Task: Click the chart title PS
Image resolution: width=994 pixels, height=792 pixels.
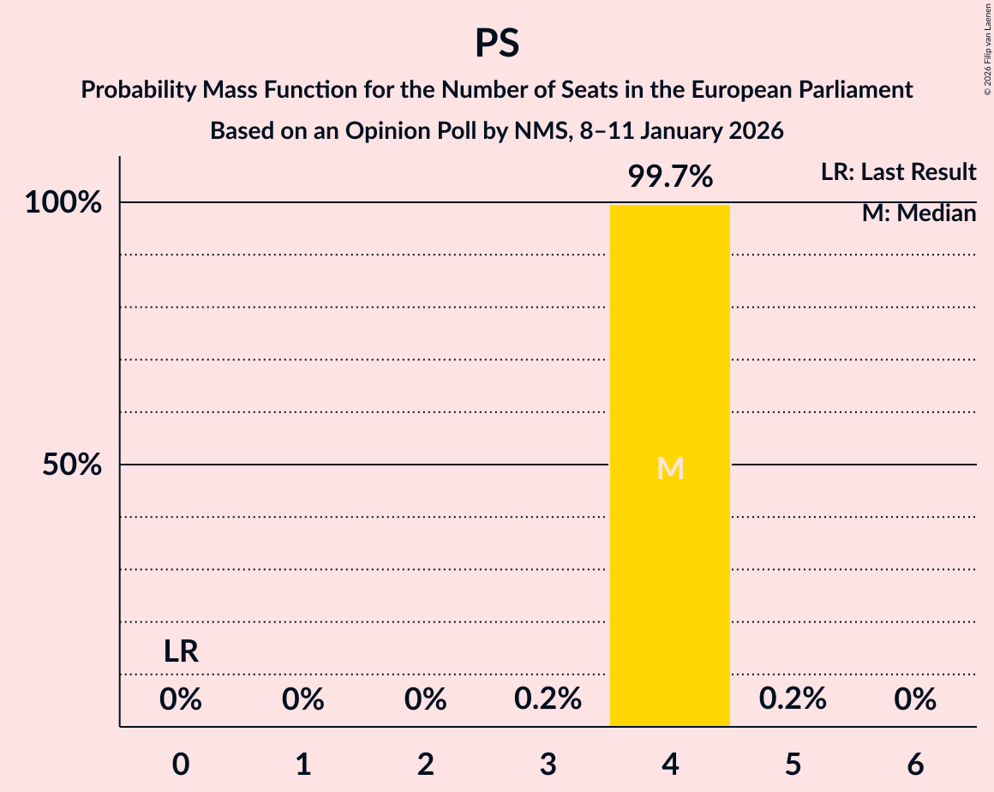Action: [x=497, y=43]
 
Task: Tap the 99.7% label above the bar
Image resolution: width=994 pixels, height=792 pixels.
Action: [x=670, y=177]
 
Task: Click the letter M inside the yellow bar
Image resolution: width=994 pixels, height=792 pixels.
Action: [x=670, y=468]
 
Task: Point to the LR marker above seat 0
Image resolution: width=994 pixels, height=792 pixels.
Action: [x=181, y=652]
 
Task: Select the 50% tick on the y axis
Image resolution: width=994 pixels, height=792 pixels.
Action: [x=72, y=465]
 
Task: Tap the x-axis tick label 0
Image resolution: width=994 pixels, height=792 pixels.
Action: [x=181, y=764]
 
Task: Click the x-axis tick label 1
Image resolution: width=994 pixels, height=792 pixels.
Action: [x=303, y=764]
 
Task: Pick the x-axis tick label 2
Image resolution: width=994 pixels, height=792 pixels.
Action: [x=426, y=764]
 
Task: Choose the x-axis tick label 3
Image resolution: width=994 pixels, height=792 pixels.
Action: [x=548, y=764]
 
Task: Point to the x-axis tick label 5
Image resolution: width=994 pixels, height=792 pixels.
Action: [x=793, y=764]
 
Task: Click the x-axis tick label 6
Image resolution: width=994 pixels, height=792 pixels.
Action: [x=915, y=764]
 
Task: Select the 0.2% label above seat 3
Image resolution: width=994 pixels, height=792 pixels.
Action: [x=548, y=699]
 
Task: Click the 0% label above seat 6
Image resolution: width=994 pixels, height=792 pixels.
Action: [x=915, y=699]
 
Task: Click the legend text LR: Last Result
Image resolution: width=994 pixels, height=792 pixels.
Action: [x=898, y=172]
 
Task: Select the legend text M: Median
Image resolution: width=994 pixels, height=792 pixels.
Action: [x=919, y=213]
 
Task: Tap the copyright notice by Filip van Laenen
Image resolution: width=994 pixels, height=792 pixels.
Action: [x=987, y=49]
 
